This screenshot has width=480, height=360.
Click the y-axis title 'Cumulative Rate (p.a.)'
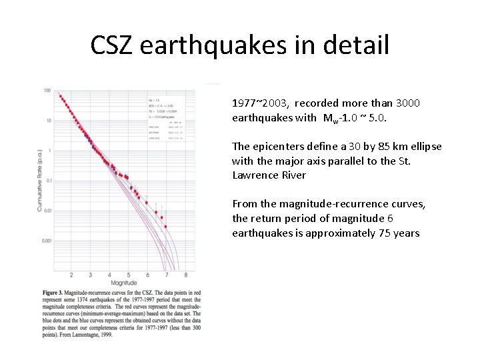[x=40, y=180]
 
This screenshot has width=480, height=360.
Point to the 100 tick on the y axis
[x=47, y=91]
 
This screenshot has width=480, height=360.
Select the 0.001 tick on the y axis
[x=45, y=241]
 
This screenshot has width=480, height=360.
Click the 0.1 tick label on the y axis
[x=47, y=181]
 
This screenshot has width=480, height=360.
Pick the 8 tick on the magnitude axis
[x=185, y=275]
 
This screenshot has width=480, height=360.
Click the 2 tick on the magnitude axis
[x=71, y=275]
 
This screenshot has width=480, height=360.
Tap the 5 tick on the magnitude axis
[x=129, y=275]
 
